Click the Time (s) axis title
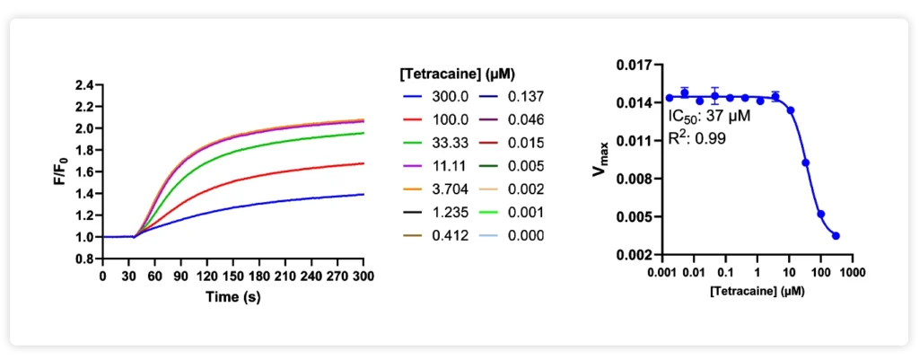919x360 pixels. point(232,295)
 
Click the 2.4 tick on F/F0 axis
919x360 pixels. point(84,85)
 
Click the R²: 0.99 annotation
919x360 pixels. point(697,138)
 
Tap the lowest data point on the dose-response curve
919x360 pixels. point(836,235)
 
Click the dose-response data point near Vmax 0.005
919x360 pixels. point(820,214)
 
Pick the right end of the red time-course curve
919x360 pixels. point(363,163)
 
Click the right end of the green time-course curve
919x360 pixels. point(363,133)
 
